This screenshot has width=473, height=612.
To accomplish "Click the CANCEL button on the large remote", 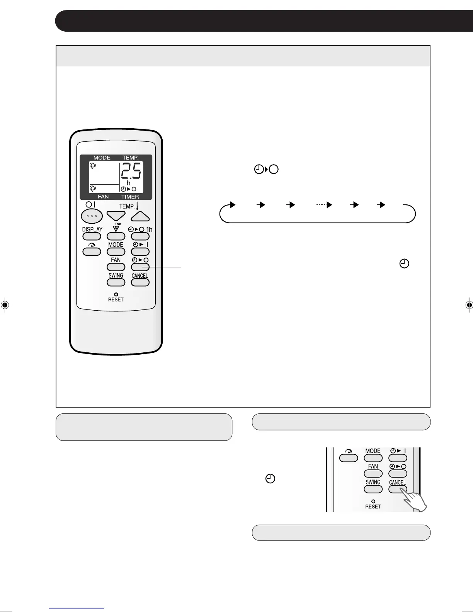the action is [140, 282].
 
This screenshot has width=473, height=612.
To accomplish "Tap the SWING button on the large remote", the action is [116, 282].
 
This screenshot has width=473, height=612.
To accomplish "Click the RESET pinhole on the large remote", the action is [116, 294].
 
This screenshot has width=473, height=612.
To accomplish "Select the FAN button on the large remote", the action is [116, 267].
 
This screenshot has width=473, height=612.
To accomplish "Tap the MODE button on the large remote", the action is [116, 252].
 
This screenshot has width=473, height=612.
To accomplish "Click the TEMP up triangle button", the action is [140, 216].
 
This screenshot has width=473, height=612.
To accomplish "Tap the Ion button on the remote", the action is [116, 236].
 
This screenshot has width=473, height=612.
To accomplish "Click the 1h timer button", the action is [140, 236].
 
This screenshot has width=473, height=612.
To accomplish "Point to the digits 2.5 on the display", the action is [131, 171].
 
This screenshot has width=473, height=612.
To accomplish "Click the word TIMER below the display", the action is [130, 197].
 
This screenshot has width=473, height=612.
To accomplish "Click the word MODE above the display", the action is [102, 158].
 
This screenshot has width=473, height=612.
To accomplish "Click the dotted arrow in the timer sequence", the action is [324, 205].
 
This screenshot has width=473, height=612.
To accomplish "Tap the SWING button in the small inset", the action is [373, 489].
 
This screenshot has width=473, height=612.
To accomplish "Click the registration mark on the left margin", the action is [5, 305].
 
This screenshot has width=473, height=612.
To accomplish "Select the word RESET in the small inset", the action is [373, 507].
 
